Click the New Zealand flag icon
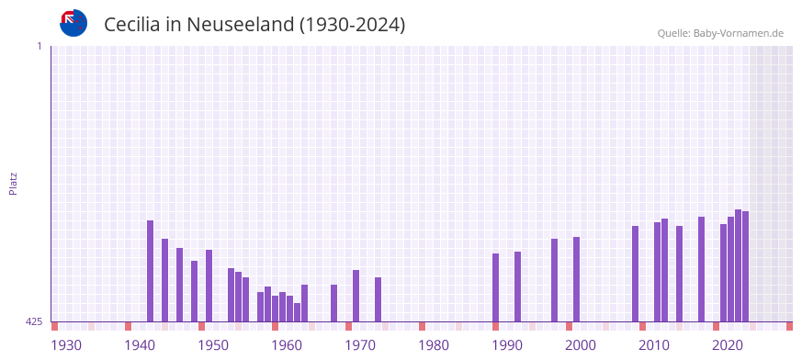click(x=73, y=23)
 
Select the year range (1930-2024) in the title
click(x=352, y=25)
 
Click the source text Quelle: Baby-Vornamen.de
click(x=719, y=33)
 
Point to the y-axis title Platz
click(x=13, y=183)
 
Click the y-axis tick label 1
click(x=39, y=46)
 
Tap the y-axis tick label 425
click(x=33, y=321)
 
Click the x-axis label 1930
click(x=66, y=345)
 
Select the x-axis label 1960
click(x=287, y=345)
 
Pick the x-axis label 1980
click(x=434, y=345)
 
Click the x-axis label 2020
click(x=728, y=345)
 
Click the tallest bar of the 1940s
click(x=151, y=271)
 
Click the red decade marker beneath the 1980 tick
click(x=423, y=326)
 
